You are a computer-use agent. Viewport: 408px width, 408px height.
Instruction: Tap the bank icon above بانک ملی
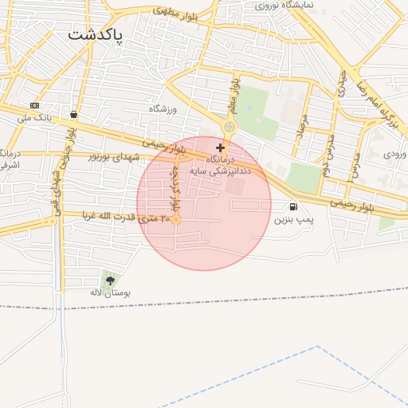click(34, 105)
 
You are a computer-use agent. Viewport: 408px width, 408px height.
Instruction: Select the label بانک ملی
click(34, 118)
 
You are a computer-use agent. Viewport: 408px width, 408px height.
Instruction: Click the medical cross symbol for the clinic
click(221, 147)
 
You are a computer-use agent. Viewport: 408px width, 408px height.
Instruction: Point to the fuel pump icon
click(295, 206)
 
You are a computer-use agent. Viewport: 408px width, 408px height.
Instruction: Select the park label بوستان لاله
click(110, 293)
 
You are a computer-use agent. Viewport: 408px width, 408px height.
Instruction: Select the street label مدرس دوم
click(327, 157)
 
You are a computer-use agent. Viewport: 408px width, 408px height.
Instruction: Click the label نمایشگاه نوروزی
click(284, 5)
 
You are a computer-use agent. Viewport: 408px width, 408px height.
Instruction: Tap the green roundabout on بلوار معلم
click(229, 126)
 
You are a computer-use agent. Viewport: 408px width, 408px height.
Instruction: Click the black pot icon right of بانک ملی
click(74, 115)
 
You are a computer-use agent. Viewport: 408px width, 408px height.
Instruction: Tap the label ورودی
click(394, 152)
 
